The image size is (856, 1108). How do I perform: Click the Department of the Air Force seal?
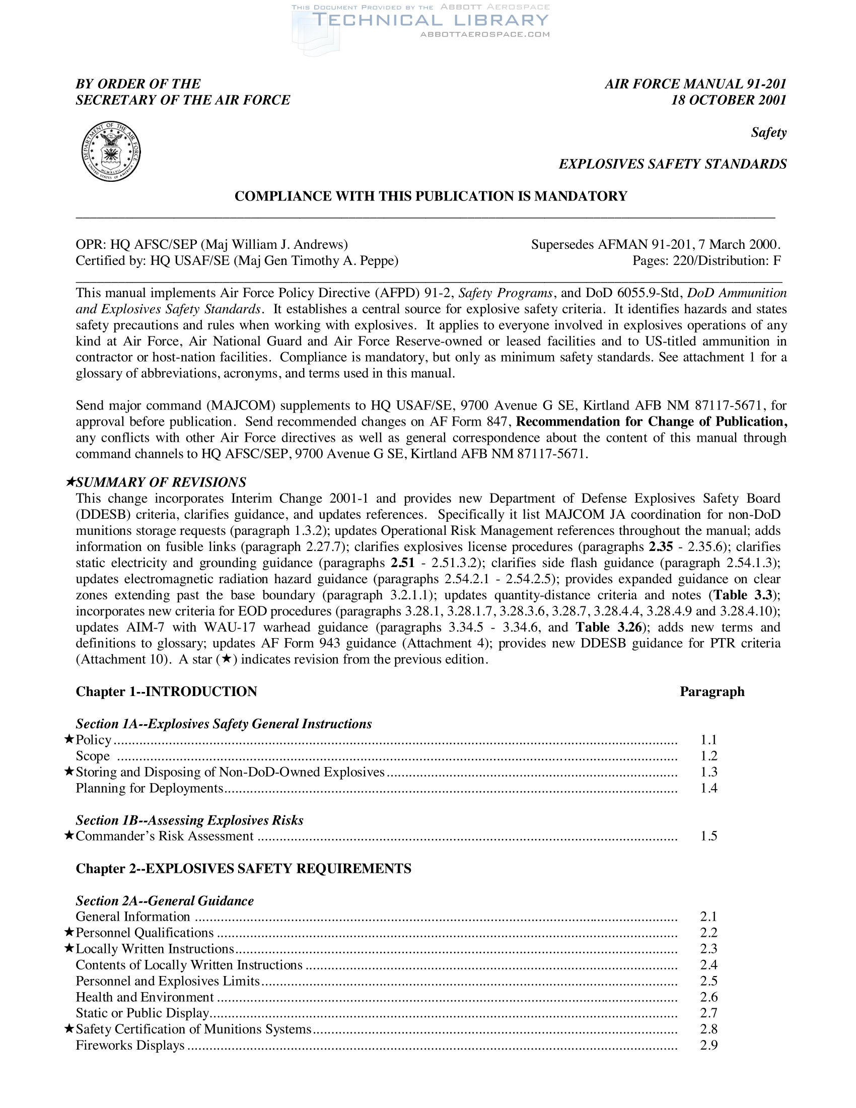pyautogui.click(x=111, y=151)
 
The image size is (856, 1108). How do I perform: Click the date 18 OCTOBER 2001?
pyautogui.click(x=728, y=100)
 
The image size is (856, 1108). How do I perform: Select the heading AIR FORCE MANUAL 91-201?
pyautogui.click(x=695, y=84)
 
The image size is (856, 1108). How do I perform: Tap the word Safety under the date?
pyautogui.click(x=768, y=132)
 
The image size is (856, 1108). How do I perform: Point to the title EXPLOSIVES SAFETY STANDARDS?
pyautogui.click(x=672, y=164)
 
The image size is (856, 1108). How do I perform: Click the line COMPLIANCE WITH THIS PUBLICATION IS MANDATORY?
pyautogui.click(x=431, y=196)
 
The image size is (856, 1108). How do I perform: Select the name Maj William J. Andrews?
pyautogui.click(x=274, y=245)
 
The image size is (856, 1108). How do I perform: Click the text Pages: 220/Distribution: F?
pyautogui.click(x=706, y=261)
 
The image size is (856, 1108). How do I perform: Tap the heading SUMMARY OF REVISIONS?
pyautogui.click(x=161, y=482)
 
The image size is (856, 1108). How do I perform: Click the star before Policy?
pyautogui.click(x=69, y=739)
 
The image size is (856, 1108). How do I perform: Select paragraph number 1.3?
pyautogui.click(x=708, y=772)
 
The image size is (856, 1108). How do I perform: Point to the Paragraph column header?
pyautogui.click(x=712, y=691)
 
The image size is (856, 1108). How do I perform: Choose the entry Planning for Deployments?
pyautogui.click(x=149, y=788)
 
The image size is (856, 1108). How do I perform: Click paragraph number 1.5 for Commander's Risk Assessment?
pyautogui.click(x=708, y=836)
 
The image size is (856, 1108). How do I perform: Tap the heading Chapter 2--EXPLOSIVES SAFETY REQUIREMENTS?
pyautogui.click(x=243, y=869)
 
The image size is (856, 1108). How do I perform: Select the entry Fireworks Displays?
pyautogui.click(x=130, y=1045)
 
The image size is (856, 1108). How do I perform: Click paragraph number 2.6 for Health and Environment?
pyautogui.click(x=708, y=997)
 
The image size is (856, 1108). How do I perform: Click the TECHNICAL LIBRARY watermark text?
pyautogui.click(x=430, y=20)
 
